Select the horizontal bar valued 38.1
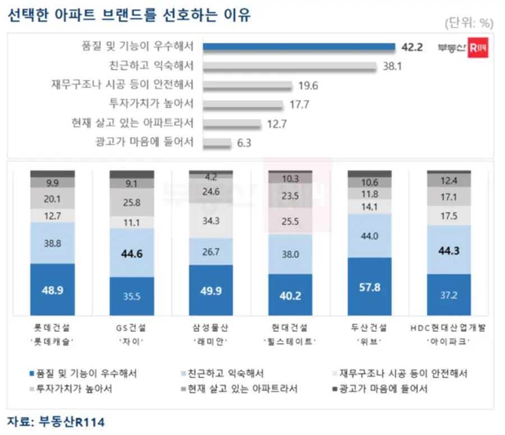point(289,66)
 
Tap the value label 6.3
point(244,143)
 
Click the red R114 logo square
point(478,48)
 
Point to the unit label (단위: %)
point(469,23)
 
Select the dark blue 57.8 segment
point(369,286)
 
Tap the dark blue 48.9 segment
point(52,290)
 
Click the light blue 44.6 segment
point(131,252)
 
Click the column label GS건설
point(131,327)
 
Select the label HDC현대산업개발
point(448,327)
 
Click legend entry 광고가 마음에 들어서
point(383,388)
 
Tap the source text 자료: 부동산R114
point(56,421)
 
